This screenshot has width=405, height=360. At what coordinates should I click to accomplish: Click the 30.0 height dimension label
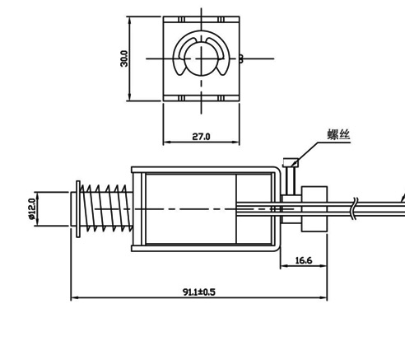pos(124,58)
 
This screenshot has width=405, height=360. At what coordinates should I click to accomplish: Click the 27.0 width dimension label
pos(201,137)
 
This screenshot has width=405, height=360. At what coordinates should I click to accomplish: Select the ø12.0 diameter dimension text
pos(32,209)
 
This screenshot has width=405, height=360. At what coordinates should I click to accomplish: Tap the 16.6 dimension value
pos(304,260)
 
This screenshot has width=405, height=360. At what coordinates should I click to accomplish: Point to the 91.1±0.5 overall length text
pos(199,292)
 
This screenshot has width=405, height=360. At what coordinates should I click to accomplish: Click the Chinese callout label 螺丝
pos(339,134)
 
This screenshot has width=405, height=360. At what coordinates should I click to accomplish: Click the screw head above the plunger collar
pos(291,162)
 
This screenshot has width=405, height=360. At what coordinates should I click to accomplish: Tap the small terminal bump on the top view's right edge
pos(241,58)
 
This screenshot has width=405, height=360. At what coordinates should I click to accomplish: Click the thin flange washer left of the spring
pos(78,209)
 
